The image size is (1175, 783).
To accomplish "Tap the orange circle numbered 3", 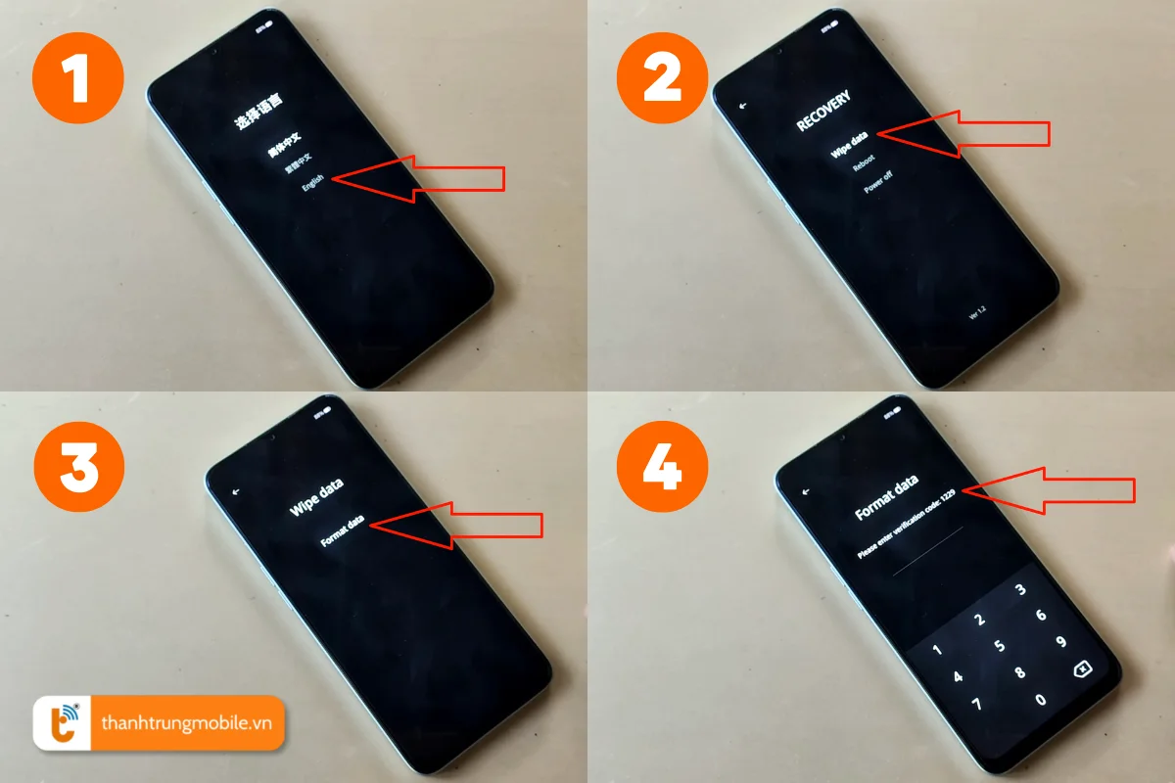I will coord(78,469).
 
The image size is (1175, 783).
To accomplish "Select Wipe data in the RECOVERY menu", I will coord(850,146).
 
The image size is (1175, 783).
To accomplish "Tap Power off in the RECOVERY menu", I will coord(877,182).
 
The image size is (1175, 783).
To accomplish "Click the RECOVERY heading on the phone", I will coord(823,113).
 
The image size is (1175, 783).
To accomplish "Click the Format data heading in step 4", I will coord(886,497).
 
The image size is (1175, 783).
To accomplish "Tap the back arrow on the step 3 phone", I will coord(235,491).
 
